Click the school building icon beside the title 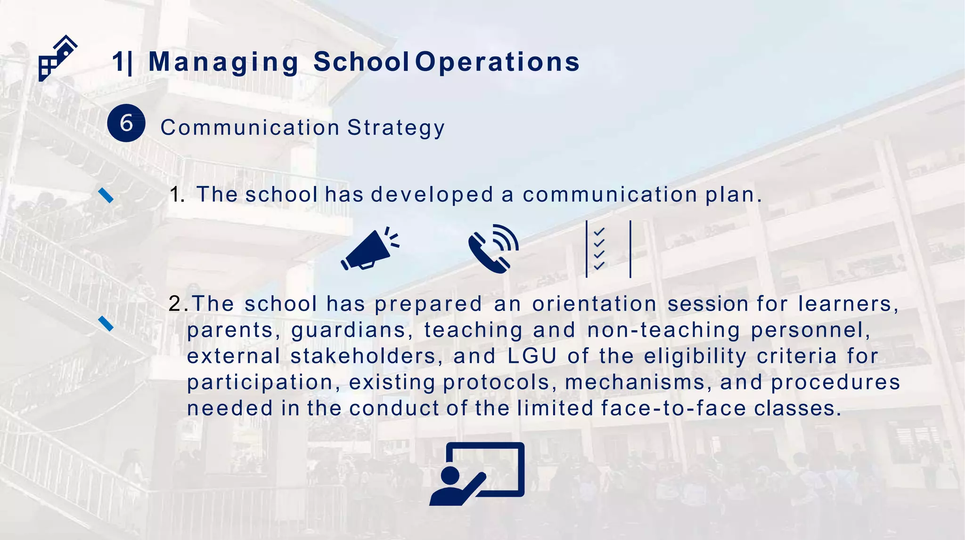point(57,59)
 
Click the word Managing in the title point(223,62)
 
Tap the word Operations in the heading point(497,62)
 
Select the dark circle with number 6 point(126,123)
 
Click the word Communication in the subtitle point(250,128)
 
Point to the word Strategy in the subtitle point(396,128)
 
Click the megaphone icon point(370,250)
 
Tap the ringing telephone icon point(493,249)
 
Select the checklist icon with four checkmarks point(608,249)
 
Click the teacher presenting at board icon point(477,474)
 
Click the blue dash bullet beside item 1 point(106,195)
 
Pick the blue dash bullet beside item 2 point(106,323)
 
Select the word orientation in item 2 point(594,304)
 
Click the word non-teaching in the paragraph point(663,330)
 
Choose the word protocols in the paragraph point(496,382)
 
